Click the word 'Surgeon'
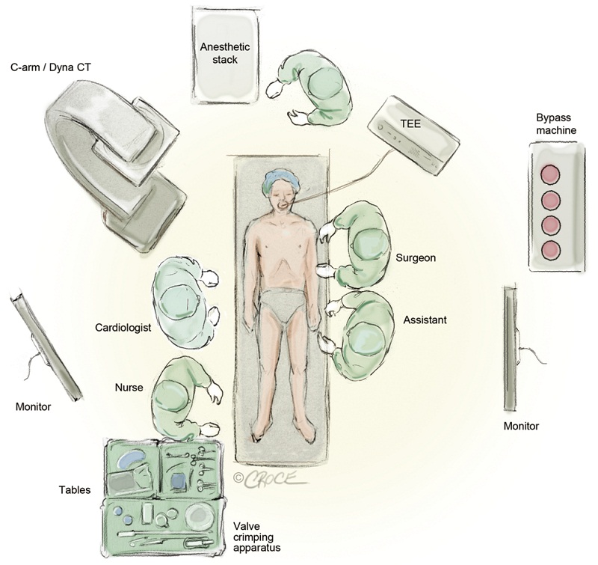pyautogui.click(x=417, y=258)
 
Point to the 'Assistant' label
pyautogui.click(x=425, y=320)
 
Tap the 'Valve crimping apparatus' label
pyautogui.click(x=255, y=537)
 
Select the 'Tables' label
pyautogui.click(x=75, y=490)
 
